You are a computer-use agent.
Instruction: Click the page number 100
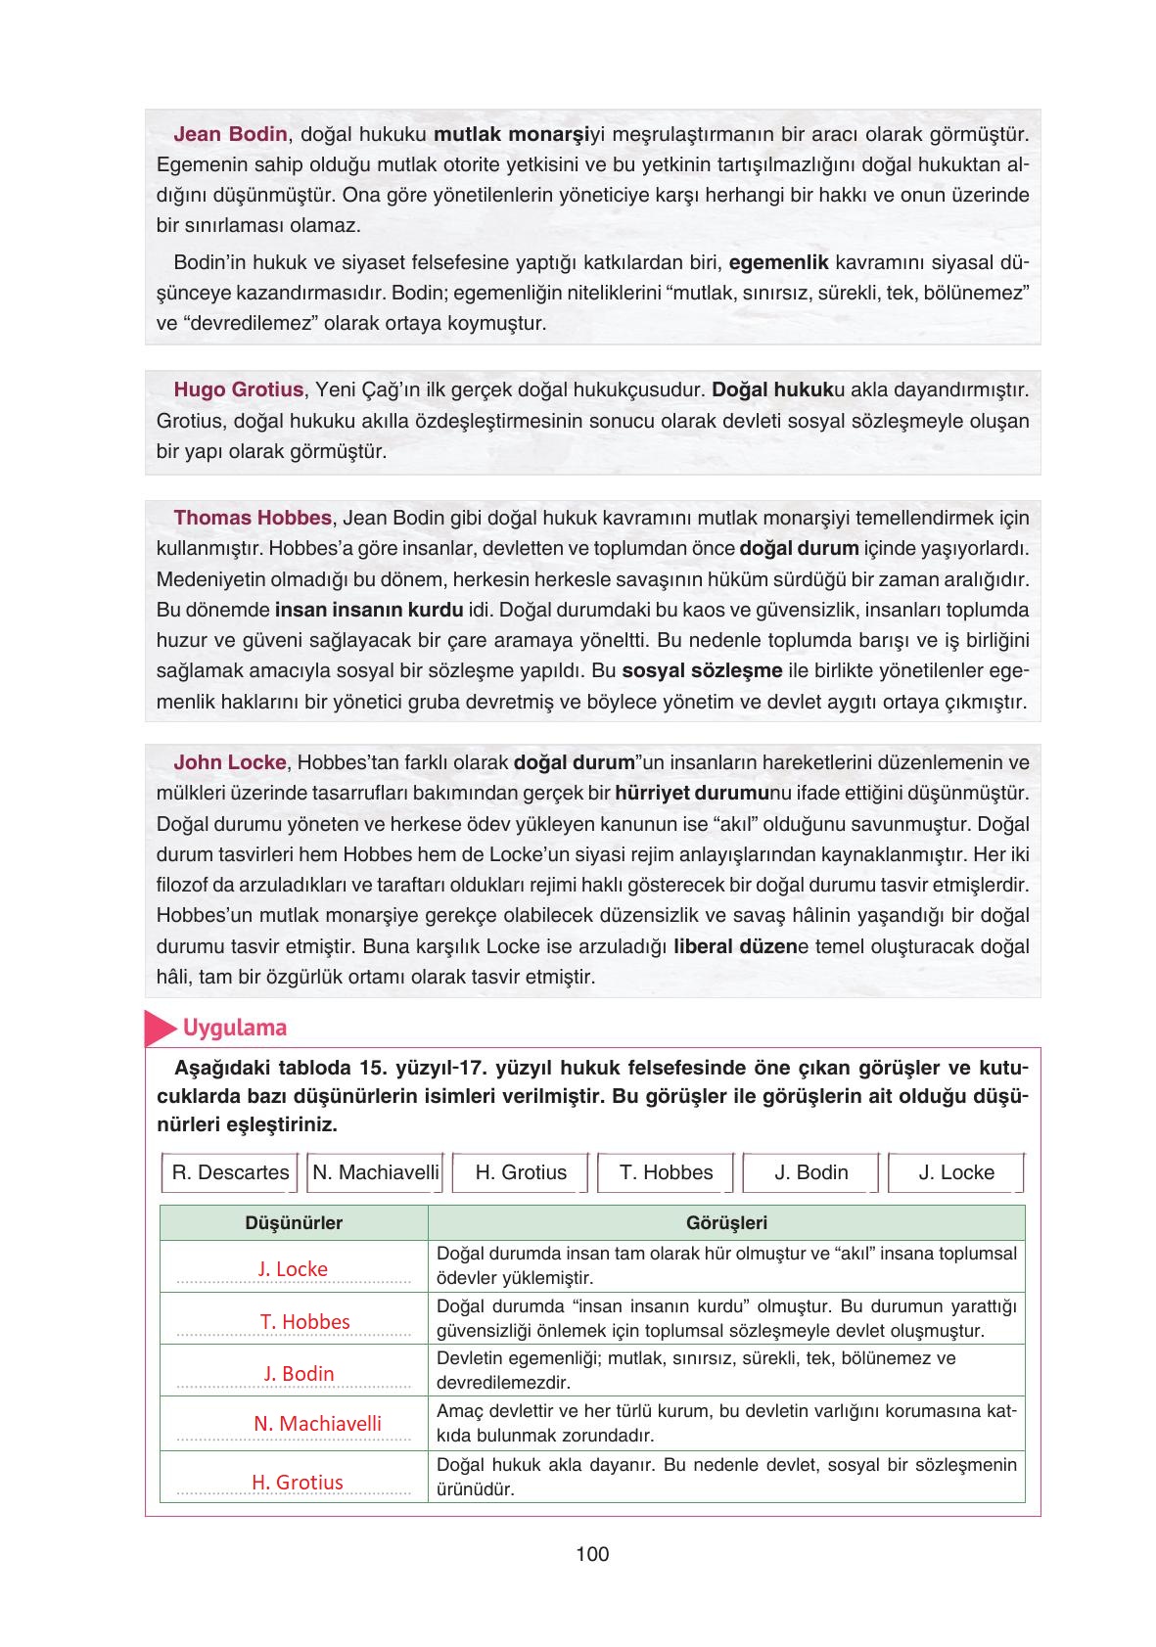pyautogui.click(x=592, y=1553)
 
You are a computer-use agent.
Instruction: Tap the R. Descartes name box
pyautogui.click(x=230, y=1172)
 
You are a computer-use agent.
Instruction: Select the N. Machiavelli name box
pyautogui.click(x=376, y=1172)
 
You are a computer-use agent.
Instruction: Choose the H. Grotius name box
pyautogui.click(x=521, y=1172)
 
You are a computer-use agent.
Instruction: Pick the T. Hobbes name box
pyautogui.click(x=666, y=1172)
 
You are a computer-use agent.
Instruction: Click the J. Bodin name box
pyautogui.click(x=810, y=1172)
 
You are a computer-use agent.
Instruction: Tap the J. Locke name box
pyautogui.click(x=955, y=1172)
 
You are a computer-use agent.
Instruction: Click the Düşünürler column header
pyautogui.click(x=294, y=1222)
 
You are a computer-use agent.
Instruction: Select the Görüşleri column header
pyautogui.click(x=726, y=1222)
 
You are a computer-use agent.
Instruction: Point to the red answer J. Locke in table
pyautogui.click(x=293, y=1269)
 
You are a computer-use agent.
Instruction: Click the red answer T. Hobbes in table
pyautogui.click(x=304, y=1322)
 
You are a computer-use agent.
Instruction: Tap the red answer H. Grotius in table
pyautogui.click(x=298, y=1482)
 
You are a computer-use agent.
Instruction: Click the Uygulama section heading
pyautogui.click(x=234, y=1028)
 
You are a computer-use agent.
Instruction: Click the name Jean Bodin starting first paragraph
pyautogui.click(x=230, y=134)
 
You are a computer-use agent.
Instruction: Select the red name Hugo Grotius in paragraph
pyautogui.click(x=238, y=389)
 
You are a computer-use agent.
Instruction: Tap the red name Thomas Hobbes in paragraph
pyautogui.click(x=254, y=518)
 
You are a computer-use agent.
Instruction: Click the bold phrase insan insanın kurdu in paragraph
pyautogui.click(x=369, y=610)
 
